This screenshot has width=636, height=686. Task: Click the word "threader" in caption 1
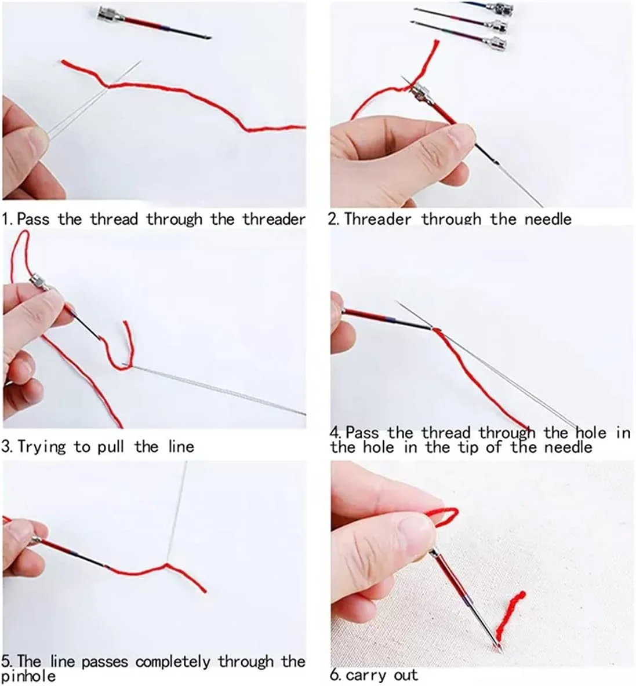(x=274, y=218)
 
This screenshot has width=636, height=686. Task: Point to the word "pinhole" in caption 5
(x=29, y=676)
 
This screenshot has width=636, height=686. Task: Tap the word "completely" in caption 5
(x=172, y=662)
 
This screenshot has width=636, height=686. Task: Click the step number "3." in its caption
(x=7, y=447)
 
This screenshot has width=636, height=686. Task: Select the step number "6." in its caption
(x=336, y=675)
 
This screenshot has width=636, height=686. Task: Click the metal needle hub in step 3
(x=40, y=282)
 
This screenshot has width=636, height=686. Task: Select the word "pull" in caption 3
(x=112, y=447)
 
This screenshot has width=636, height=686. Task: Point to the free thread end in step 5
(x=205, y=592)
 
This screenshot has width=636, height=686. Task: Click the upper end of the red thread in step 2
(x=435, y=42)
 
